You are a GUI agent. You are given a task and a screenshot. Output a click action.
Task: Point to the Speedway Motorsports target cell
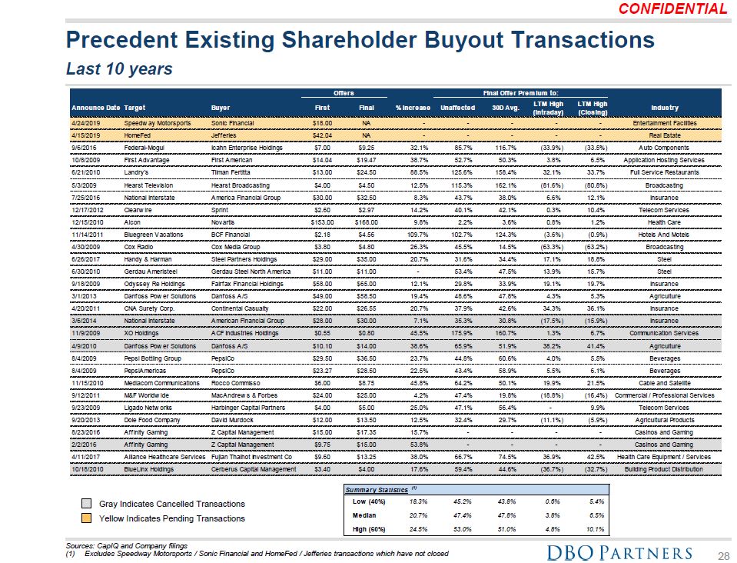(158, 123)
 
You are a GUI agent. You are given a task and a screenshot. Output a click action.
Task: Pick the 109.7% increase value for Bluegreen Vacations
(413, 235)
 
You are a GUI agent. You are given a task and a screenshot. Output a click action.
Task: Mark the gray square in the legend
(88, 504)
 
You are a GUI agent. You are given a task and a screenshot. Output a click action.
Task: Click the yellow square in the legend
(88, 518)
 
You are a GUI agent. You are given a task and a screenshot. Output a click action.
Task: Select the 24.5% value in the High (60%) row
(412, 528)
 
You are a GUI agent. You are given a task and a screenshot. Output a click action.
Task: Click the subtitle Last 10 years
(119, 69)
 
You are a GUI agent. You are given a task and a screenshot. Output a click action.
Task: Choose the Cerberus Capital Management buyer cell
(251, 468)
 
